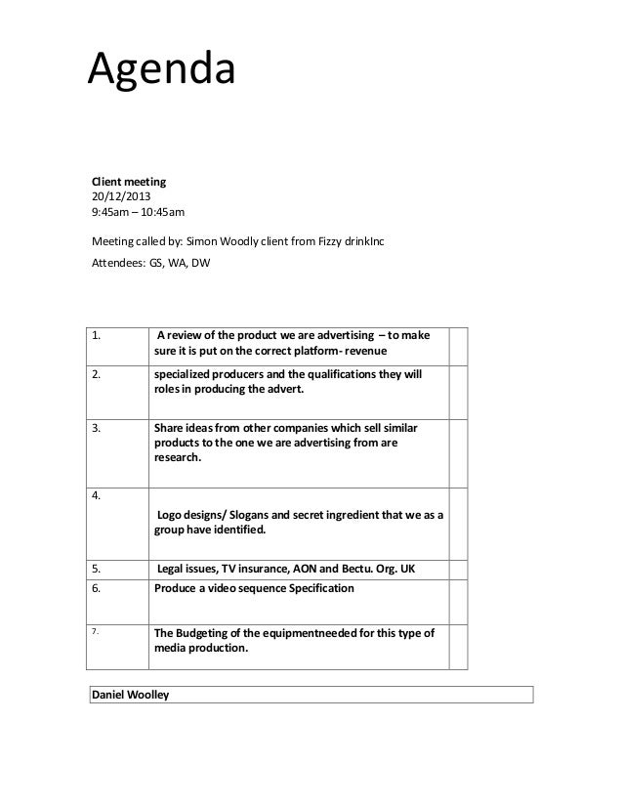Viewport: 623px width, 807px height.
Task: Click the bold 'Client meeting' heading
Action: tap(129, 181)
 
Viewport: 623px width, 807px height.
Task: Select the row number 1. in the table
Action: tap(98, 337)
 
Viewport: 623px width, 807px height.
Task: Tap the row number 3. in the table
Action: tap(98, 427)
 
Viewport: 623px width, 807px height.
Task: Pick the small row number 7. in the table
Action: tap(96, 632)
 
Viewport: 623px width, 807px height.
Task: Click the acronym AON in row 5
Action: tap(352, 569)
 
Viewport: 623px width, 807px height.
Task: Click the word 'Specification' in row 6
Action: tap(312, 589)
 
